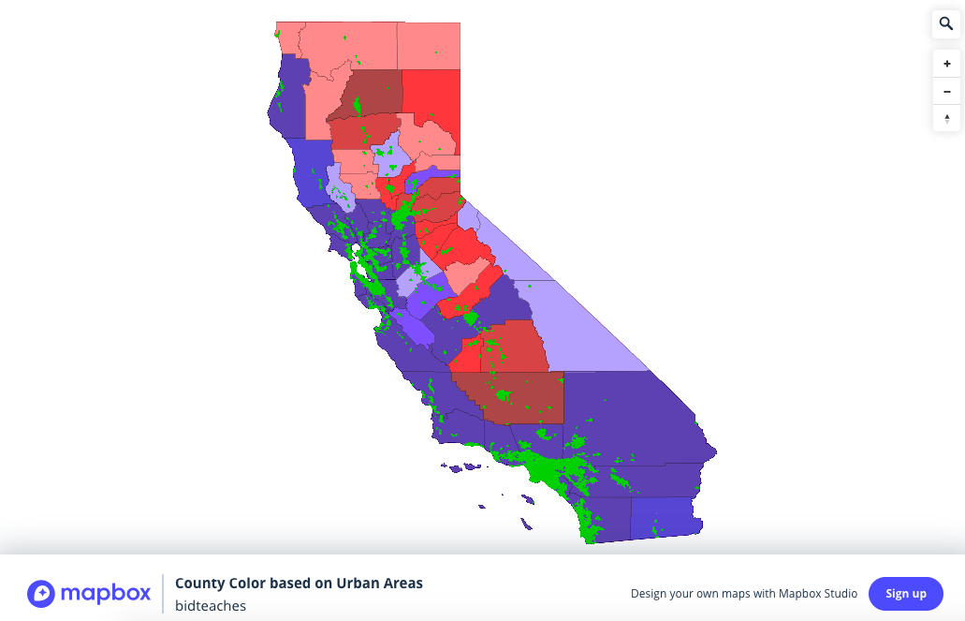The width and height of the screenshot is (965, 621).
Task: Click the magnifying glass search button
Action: click(946, 24)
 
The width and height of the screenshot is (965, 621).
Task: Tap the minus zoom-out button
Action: click(946, 92)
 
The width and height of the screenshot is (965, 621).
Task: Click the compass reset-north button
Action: click(946, 119)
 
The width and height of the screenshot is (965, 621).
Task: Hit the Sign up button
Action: click(905, 594)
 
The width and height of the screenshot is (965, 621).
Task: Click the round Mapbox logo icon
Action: click(41, 594)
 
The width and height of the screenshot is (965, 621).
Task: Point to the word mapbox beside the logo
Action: click(105, 594)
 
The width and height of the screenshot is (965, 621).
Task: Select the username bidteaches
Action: click(211, 606)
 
